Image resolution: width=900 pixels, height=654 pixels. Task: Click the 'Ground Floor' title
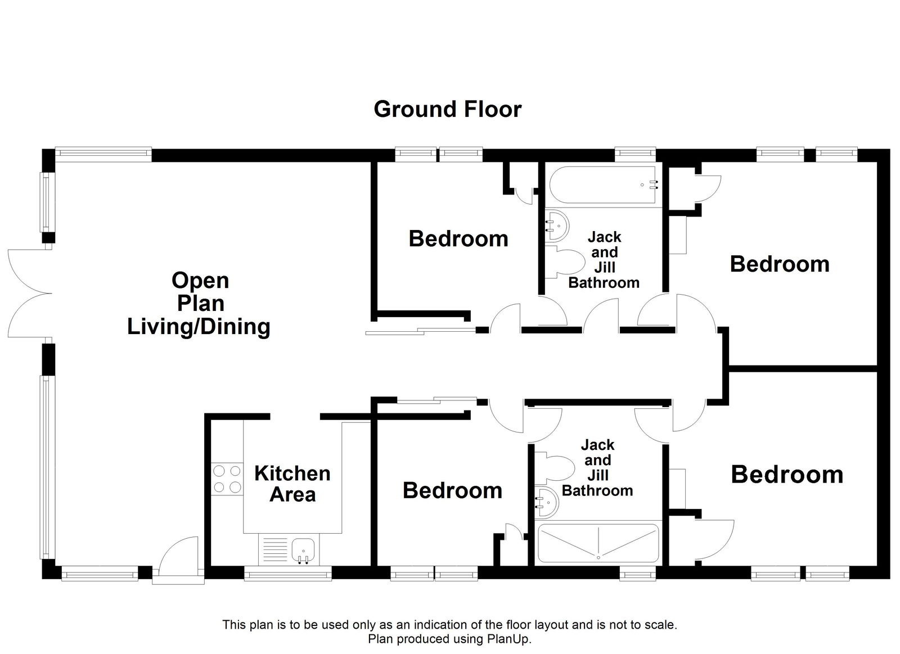pos(447,109)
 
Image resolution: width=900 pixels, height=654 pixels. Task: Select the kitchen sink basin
pos(304,548)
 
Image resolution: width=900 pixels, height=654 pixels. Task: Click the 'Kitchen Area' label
pos(292,484)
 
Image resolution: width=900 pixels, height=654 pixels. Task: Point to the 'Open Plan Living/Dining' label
pos(199,304)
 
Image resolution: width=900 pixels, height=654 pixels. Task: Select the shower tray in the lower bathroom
pos(598,543)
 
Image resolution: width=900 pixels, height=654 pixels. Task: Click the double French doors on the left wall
pos(27,294)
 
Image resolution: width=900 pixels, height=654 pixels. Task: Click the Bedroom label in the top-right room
pos(779,264)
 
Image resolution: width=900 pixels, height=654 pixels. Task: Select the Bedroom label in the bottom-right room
pos(786,475)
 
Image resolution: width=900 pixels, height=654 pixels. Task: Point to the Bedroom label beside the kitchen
pos(452,490)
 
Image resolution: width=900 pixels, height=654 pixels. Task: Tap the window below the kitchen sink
pos(288,573)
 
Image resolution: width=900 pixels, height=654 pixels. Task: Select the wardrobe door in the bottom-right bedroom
pos(714,539)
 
